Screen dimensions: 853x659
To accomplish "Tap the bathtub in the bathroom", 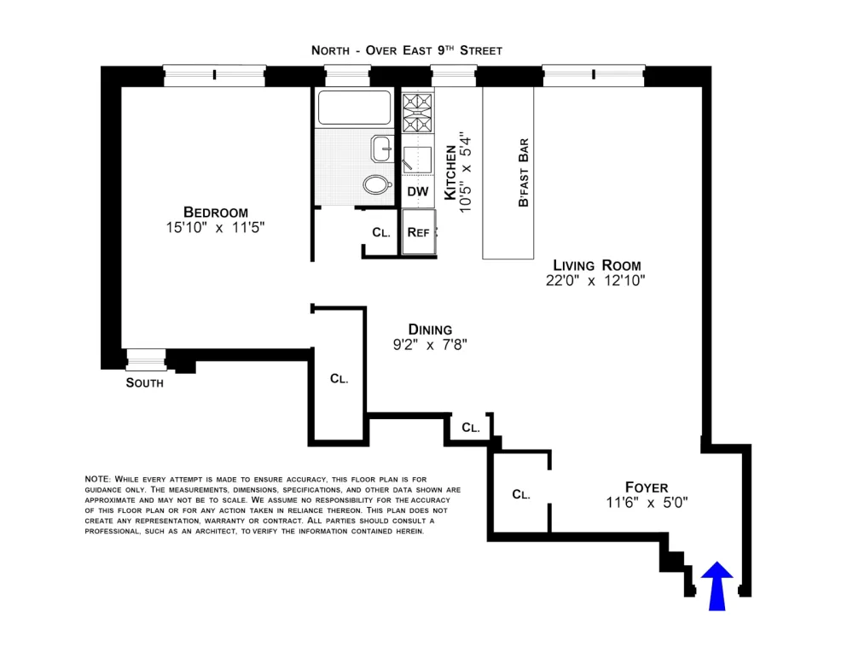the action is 354,108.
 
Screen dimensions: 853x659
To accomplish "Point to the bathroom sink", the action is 382,149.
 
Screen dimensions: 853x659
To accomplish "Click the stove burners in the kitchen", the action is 417,113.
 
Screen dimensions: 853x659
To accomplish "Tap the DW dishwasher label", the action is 418,191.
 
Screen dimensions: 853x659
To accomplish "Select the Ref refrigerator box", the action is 419,232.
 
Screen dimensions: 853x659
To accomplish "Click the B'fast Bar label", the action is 524,172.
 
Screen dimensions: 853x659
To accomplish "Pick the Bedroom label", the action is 216,212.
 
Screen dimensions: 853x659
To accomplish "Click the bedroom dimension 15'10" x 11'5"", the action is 216,227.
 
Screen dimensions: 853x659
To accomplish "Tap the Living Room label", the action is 597,265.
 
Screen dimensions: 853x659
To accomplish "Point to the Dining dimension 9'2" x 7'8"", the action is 430,345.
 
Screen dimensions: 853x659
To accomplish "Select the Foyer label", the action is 647,487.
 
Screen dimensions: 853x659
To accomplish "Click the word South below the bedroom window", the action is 145,383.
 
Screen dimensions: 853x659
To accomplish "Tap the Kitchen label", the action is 450,172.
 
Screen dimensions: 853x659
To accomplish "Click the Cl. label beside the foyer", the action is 521,494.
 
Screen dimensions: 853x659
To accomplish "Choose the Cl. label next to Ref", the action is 381,232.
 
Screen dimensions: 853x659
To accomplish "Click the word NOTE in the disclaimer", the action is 97,479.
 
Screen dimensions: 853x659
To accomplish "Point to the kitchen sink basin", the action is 417,160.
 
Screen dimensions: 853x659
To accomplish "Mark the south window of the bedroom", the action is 146,360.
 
